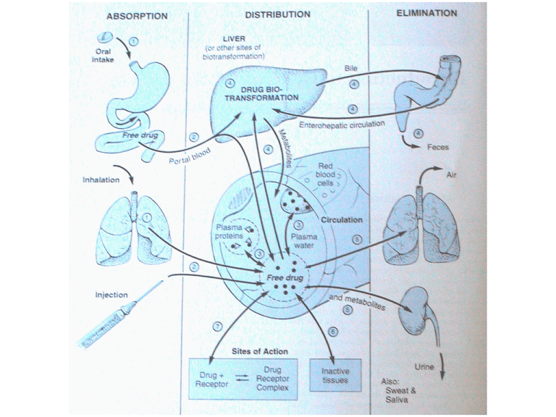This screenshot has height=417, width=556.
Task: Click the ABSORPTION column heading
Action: pyautogui.click(x=138, y=15)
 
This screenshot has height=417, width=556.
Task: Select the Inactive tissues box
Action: pyautogui.click(x=334, y=375)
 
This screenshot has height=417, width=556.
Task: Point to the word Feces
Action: pyautogui.click(x=438, y=147)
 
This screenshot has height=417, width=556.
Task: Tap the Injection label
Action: pyautogui.click(x=111, y=295)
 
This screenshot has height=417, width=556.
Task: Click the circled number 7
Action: pyautogui.click(x=216, y=327)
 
